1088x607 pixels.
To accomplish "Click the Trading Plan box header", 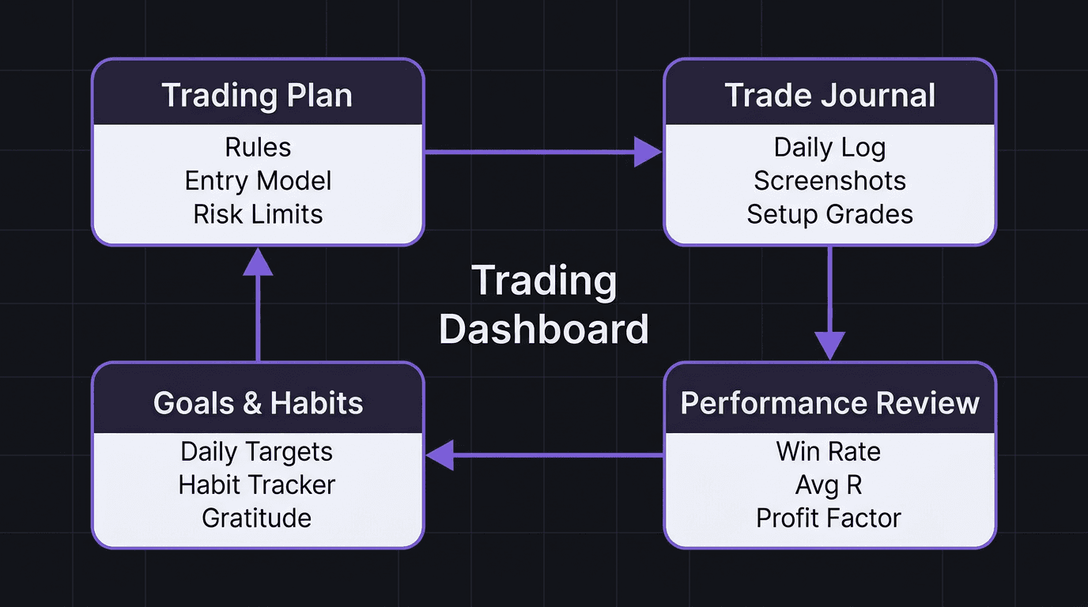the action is tap(258, 96).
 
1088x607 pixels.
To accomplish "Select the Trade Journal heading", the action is tap(829, 96).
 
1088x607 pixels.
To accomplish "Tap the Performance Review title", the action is tap(829, 403).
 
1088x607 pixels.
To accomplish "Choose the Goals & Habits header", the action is tap(258, 403).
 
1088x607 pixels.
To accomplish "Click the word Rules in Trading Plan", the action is tap(258, 148).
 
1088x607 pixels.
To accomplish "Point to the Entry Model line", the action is tap(258, 181).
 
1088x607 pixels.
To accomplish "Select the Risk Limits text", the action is tap(258, 214).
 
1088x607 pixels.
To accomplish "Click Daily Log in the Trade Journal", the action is tap(829, 148).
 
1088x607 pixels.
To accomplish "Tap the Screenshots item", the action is tap(829, 181).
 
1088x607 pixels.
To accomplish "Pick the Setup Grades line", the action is tap(829, 214).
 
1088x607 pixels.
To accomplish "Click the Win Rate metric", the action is tap(828, 451).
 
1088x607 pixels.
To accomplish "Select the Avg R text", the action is tap(828, 484).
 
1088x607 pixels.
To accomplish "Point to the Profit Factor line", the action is tap(828, 518).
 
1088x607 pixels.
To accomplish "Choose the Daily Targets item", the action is tap(256, 451).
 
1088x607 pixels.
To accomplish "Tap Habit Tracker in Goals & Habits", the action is tap(256, 484).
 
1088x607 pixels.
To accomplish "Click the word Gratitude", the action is tap(256, 518).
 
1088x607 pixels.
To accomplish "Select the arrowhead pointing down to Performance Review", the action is tap(829, 345).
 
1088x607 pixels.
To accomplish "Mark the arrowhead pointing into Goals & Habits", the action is tap(440, 455).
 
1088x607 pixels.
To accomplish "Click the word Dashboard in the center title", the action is tap(544, 330).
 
